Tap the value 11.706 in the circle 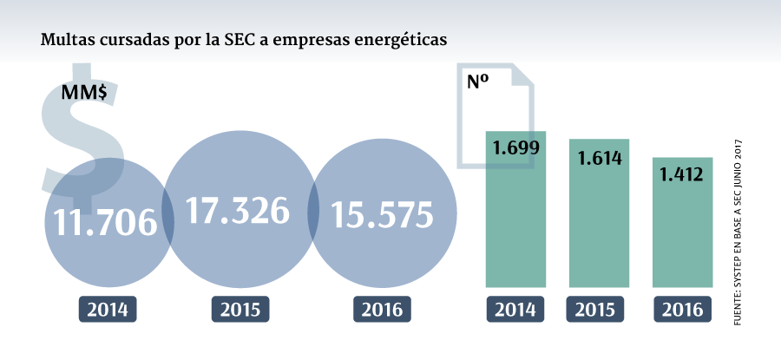pos(105,223)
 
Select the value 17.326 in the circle pos(238,211)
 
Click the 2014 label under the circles pos(108,310)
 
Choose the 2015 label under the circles pos(240,310)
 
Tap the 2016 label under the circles pos(382,310)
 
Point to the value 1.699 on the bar pos(515,147)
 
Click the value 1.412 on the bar pos(681,175)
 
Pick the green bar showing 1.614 pos(599,226)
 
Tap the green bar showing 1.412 pos(682,234)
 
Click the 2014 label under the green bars pos(515,310)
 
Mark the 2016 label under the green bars pos(681,310)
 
